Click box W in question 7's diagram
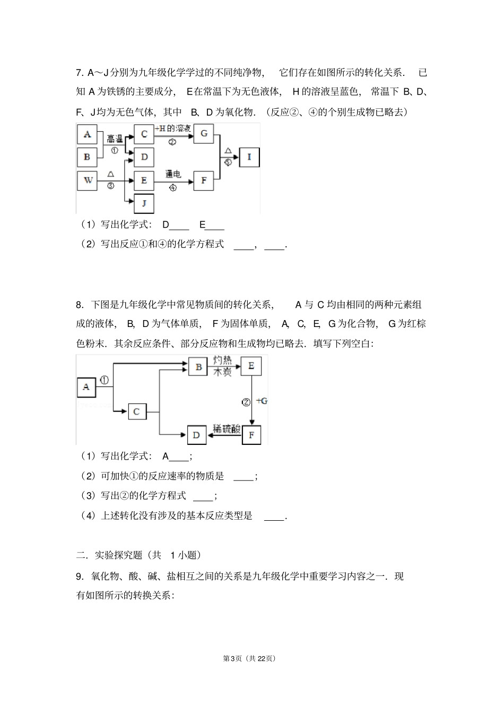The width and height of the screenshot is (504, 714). click(88, 180)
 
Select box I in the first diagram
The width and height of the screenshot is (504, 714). click(249, 157)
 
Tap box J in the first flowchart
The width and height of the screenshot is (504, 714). click(144, 203)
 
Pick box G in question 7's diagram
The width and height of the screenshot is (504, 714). click(204, 134)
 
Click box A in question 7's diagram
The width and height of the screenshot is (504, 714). click(87, 134)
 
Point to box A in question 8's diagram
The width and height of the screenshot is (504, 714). click(86, 388)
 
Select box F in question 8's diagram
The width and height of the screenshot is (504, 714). click(251, 435)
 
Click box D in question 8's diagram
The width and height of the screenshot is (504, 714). click(197, 435)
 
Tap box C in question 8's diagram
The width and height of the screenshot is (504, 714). click(137, 411)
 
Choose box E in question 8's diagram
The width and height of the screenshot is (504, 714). click(251, 366)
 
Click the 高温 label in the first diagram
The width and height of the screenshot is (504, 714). click(115, 139)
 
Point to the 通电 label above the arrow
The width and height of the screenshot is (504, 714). click(173, 174)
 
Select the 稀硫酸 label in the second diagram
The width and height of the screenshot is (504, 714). click(225, 428)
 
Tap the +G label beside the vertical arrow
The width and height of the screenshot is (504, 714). click(262, 401)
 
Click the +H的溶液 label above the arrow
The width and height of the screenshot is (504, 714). click(172, 129)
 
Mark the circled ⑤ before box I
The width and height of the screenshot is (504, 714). click(228, 162)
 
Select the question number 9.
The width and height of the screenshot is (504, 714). click(80, 577)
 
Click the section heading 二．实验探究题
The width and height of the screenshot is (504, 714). click(109, 555)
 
